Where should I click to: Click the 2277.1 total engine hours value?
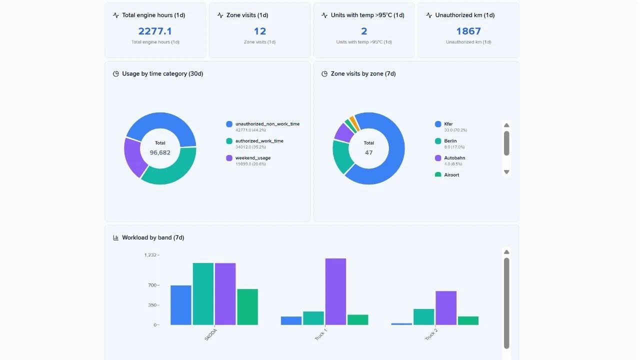155,31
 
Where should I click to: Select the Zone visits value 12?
259,31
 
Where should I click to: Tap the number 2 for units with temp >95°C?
364,31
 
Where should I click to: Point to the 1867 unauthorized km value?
468,31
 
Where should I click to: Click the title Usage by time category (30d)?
162,73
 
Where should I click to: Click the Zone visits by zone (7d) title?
363,73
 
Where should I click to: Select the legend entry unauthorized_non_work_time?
267,124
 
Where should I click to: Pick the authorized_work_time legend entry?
259,141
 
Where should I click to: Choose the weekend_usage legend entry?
252,158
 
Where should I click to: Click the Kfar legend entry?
448,124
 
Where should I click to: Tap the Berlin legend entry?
450,141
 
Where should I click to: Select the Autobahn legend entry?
454,158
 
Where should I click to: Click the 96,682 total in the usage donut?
160,152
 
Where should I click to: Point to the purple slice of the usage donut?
132,156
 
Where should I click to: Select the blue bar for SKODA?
181,305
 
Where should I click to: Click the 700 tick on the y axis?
151,285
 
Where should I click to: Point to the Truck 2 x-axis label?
431,334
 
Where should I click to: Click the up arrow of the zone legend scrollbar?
506,125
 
